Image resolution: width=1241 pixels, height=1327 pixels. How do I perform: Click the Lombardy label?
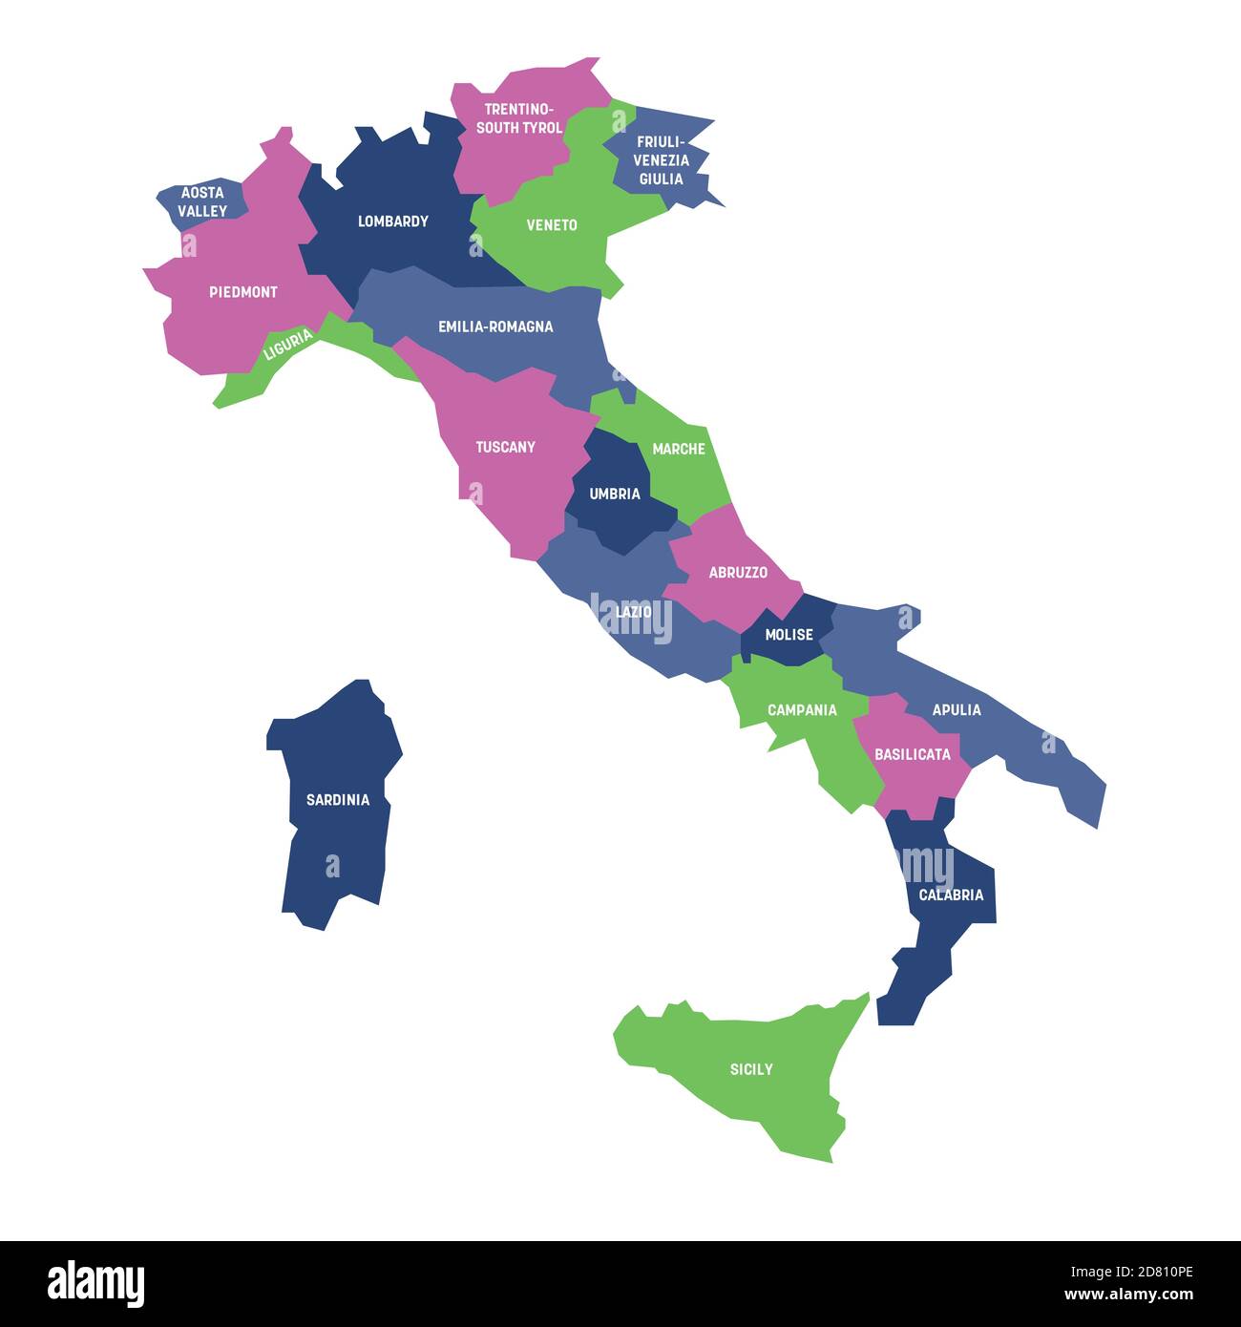(392, 221)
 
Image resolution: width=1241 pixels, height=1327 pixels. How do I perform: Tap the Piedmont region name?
(243, 292)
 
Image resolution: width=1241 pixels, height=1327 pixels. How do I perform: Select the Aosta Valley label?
(202, 201)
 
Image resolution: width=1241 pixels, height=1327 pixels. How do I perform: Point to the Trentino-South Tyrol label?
(519, 118)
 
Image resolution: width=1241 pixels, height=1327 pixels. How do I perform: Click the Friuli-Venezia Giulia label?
(661, 160)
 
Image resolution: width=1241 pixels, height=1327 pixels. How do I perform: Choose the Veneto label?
(552, 225)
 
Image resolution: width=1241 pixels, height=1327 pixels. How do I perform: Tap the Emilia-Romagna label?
(495, 326)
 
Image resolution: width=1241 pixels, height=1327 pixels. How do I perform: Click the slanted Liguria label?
(287, 345)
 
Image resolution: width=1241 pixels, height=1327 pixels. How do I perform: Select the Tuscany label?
(505, 447)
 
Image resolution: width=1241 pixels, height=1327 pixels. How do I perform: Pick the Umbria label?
(615, 495)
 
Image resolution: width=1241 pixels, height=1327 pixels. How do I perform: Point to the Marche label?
(679, 449)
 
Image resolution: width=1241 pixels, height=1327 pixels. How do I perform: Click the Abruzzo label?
(738, 573)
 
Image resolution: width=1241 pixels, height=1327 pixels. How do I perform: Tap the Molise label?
(789, 635)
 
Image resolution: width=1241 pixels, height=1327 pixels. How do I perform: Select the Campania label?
(802, 710)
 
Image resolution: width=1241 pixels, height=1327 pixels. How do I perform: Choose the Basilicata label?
(913, 754)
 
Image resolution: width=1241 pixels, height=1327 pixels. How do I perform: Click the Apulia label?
(957, 710)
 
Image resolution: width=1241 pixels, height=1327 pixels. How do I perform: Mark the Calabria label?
(951, 895)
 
